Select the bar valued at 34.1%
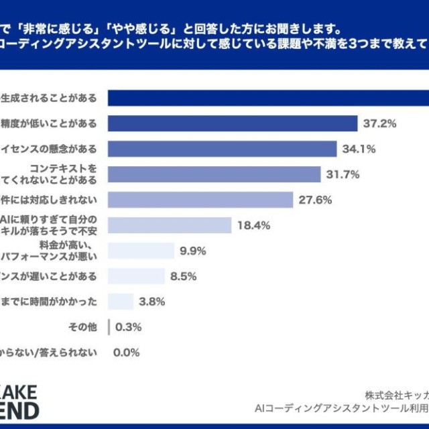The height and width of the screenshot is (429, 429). (x=222, y=149)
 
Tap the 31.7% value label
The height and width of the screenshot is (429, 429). (x=343, y=174)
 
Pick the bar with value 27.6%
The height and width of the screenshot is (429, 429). (x=200, y=200)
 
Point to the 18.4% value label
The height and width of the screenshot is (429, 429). (x=253, y=225)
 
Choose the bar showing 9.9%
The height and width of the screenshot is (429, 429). (x=140, y=251)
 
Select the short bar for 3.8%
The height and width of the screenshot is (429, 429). (x=121, y=302)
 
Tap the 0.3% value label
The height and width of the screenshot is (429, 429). (x=128, y=327)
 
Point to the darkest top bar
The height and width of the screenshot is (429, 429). (x=268, y=98)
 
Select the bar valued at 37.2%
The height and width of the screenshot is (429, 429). (x=232, y=123)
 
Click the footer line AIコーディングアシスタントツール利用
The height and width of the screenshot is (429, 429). (x=341, y=408)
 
